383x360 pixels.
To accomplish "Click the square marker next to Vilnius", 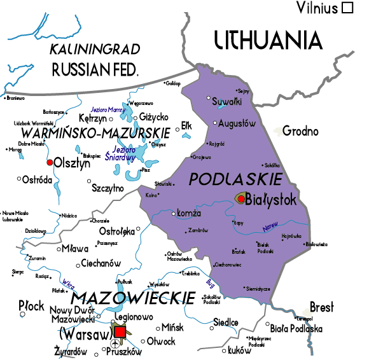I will [x=347, y=8].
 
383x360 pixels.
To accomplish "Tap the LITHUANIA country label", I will [x=268, y=40].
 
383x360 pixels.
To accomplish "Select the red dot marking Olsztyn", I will [x=50, y=162].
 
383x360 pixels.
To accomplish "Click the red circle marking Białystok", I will [x=241, y=199].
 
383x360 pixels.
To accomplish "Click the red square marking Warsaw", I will [x=120, y=331].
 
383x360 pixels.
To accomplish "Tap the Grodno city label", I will [x=300, y=132].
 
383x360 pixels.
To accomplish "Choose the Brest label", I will [x=321, y=307].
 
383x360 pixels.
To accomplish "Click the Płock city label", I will [x=31, y=305].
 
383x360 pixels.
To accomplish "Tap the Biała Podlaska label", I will [x=296, y=329].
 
